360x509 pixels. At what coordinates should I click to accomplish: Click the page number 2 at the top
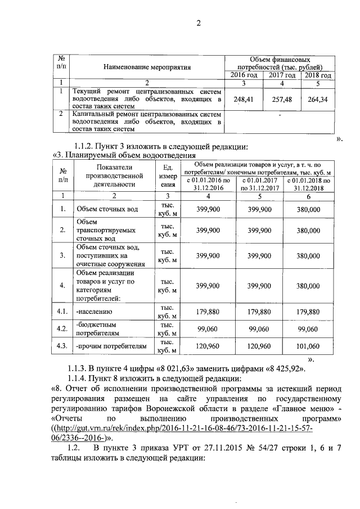point(198,23)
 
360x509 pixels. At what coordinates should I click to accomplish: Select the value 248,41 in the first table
point(244,99)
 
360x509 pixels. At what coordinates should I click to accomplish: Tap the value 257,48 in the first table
point(282,99)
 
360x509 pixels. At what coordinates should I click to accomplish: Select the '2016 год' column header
point(244,75)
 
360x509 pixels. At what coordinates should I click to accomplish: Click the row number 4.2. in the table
point(62,328)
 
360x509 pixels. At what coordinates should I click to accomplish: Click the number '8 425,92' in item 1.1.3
point(284,369)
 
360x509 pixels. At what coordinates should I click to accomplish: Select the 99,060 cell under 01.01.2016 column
point(208,328)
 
